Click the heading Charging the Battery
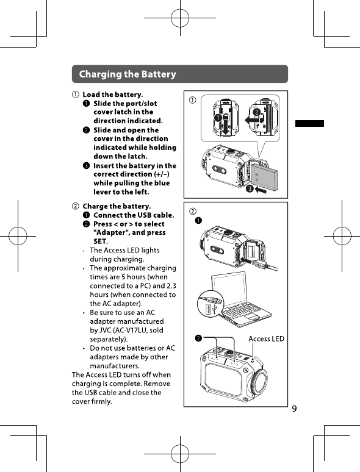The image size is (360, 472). pos(128,74)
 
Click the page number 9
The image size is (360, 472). pos(294,409)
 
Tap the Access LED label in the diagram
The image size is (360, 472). pos(266,338)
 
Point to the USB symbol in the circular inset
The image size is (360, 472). pos(215,309)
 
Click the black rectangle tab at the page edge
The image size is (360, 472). pos(309,123)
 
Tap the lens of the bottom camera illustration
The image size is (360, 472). pos(259,380)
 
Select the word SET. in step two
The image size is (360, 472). pos(101,241)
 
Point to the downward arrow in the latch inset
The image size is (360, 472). pos(225,125)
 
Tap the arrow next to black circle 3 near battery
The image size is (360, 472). pos(261,190)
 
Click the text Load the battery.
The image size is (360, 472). pos(113,95)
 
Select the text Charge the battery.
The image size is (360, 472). pos(117,206)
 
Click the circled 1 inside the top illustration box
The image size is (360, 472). pos(192,100)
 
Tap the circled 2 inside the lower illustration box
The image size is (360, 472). pos(192,212)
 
